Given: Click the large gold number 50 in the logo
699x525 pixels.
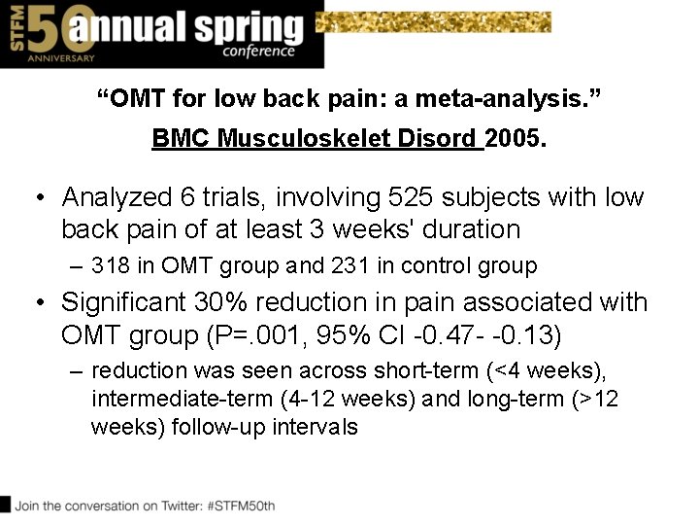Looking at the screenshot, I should coord(47,29).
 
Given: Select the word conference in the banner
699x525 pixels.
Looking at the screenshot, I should coord(257,51).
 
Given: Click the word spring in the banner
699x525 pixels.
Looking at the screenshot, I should coord(243,27).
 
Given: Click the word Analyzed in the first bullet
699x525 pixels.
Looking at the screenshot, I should coord(116,197).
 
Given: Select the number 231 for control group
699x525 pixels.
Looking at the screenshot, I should coord(348,265).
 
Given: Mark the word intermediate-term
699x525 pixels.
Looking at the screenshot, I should coord(174,399).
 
